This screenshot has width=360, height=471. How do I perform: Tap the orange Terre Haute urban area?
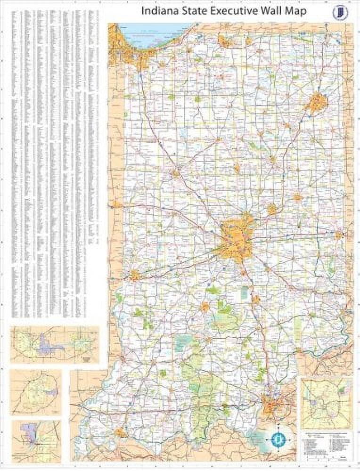coord(135,275)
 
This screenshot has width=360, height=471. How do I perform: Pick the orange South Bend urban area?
coord(225,41)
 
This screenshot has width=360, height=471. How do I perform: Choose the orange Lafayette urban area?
coord(176,173)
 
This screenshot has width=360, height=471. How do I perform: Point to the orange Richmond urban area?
coord(338,235)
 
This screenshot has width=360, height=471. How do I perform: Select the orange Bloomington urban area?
coord(205,308)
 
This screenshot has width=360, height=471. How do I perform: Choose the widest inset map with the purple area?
coord(55,344)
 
